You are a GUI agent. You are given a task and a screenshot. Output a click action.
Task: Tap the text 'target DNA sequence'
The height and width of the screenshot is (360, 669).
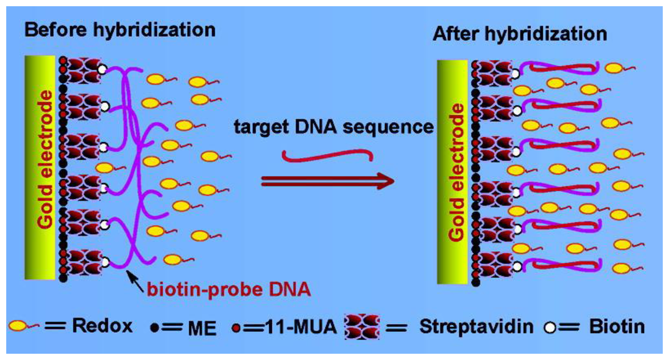pyautogui.click(x=333, y=126)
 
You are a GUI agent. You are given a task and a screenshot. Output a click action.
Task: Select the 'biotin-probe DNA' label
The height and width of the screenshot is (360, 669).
pyautogui.click(x=229, y=289)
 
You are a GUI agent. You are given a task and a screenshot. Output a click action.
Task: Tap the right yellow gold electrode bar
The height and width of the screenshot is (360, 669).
pyautogui.click(x=452, y=172)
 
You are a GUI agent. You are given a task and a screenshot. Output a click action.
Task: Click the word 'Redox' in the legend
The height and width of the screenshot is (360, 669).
pyautogui.click(x=102, y=326)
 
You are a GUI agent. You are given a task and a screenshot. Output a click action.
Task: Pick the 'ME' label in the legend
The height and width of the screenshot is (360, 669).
pyautogui.click(x=202, y=328)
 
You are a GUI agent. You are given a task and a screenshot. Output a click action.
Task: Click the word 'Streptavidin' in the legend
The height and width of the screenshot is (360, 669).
pyautogui.click(x=476, y=326)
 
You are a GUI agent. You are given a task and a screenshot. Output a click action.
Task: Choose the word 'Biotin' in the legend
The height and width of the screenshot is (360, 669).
pyautogui.click(x=617, y=327)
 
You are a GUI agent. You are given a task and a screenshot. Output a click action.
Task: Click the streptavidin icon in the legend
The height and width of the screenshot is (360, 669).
pyautogui.click(x=362, y=326)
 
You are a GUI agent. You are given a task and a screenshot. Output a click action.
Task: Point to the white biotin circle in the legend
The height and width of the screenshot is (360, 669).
pyautogui.click(x=550, y=328)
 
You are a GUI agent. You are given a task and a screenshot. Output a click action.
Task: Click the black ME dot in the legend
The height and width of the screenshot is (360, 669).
pyautogui.click(x=154, y=328)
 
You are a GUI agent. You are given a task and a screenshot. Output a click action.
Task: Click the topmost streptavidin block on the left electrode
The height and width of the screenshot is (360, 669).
pyautogui.click(x=84, y=71)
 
